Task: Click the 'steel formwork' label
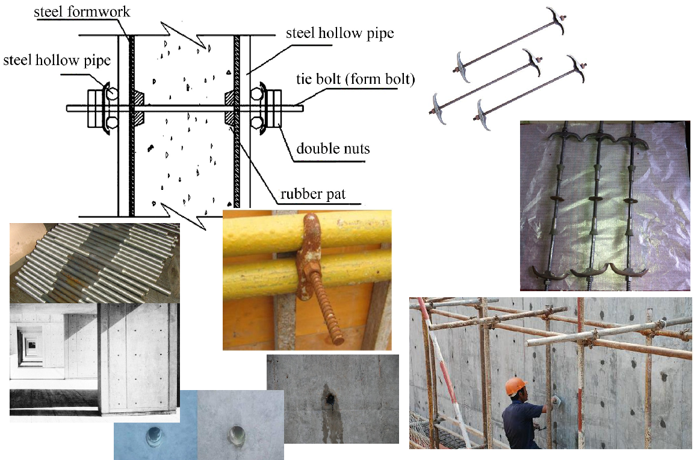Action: (82, 11)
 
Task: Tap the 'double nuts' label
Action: (333, 148)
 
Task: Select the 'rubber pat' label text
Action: (313, 194)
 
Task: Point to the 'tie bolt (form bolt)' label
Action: (355, 80)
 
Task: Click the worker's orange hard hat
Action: (516, 385)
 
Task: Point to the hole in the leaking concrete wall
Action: (329, 399)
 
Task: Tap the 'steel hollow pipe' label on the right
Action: (339, 33)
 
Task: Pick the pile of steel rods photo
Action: (94, 263)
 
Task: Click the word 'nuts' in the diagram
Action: (355, 149)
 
